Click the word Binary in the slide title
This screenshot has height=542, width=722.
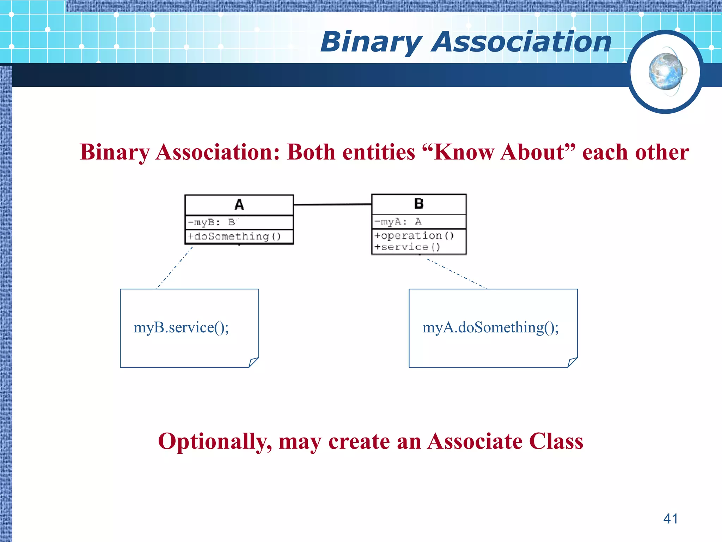click(371, 42)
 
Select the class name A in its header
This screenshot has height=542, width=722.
click(239, 205)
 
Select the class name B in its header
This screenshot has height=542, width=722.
click(419, 204)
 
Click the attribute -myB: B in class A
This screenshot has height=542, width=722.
click(212, 222)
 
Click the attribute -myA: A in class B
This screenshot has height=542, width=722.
click(398, 222)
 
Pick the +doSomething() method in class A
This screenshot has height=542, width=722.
click(234, 236)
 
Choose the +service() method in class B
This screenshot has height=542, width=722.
click(407, 247)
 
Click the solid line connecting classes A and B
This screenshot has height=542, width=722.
click(332, 204)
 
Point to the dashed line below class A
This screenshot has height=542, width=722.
click(175, 267)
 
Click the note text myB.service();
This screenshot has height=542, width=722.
click(181, 327)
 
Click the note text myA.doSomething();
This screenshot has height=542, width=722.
click(490, 327)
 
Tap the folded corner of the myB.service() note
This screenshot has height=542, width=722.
click(253, 362)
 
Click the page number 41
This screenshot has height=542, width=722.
click(670, 519)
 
